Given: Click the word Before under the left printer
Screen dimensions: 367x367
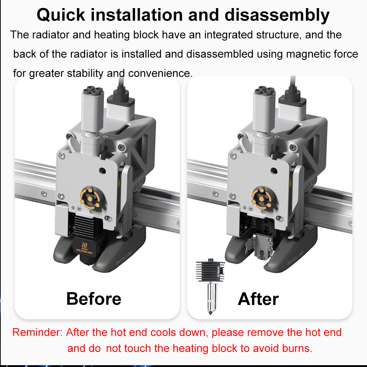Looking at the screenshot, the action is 94,299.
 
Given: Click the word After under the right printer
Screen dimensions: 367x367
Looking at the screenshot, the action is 258,299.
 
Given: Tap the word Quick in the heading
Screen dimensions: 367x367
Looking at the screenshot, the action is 61,15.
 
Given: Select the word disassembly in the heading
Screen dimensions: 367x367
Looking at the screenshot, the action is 277,15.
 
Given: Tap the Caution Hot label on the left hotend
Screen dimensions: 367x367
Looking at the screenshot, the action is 84,248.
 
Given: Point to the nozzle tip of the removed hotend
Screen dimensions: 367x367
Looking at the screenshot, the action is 210,314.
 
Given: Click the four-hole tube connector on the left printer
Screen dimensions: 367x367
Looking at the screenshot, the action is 93,91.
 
